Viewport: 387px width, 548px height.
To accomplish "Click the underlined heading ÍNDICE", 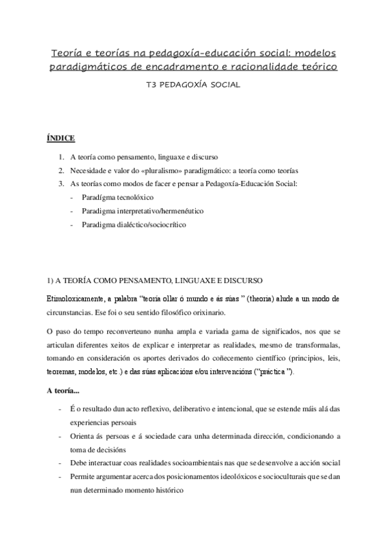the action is pyautogui.click(x=61, y=138).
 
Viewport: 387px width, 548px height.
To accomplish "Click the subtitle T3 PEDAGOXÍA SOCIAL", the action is pyautogui.click(x=193, y=84).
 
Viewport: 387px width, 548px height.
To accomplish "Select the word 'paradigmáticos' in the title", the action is pyautogui.click(x=98, y=66).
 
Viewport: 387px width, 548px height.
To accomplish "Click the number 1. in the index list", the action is pyautogui.click(x=61, y=157).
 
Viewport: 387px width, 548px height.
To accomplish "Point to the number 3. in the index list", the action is pyautogui.click(x=61, y=184).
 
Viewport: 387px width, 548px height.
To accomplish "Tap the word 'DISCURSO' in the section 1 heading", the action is pyautogui.click(x=240, y=280).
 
